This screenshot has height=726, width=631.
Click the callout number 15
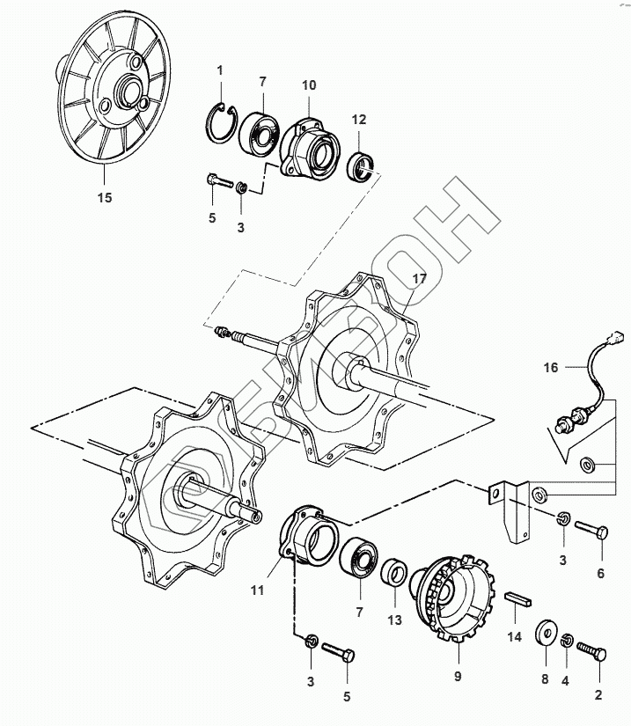click(x=104, y=198)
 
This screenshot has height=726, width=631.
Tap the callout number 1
click(x=220, y=70)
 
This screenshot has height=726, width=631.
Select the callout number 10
click(x=309, y=84)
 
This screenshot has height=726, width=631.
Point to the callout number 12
click(x=359, y=119)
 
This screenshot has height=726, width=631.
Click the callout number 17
click(x=418, y=279)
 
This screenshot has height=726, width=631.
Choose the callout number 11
click(x=256, y=591)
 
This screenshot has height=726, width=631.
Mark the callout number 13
click(x=394, y=620)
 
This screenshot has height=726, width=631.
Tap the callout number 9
click(x=458, y=677)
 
